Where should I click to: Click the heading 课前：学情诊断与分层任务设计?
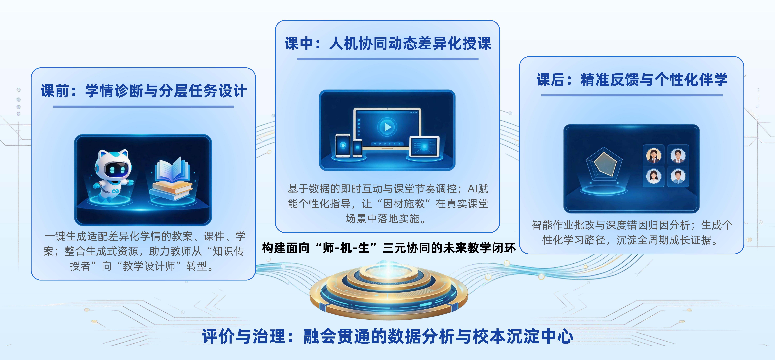[144, 91]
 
